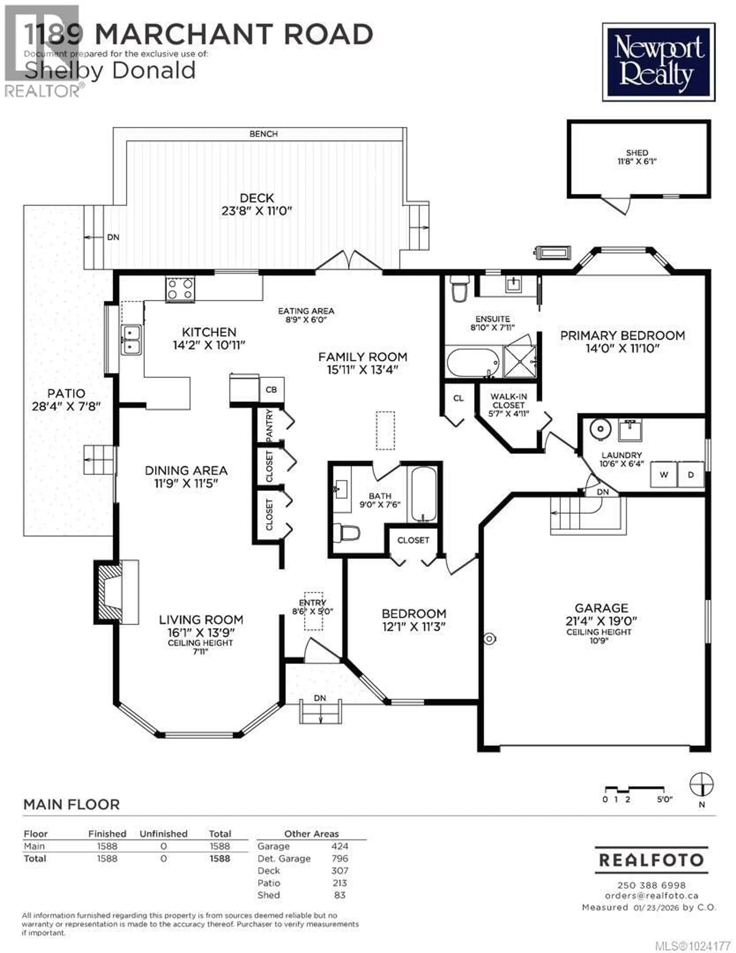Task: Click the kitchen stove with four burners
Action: pos(180,289)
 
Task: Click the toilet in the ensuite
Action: pos(459,288)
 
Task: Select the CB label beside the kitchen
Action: pos(271,389)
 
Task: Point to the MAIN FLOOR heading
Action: pos(71,804)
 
